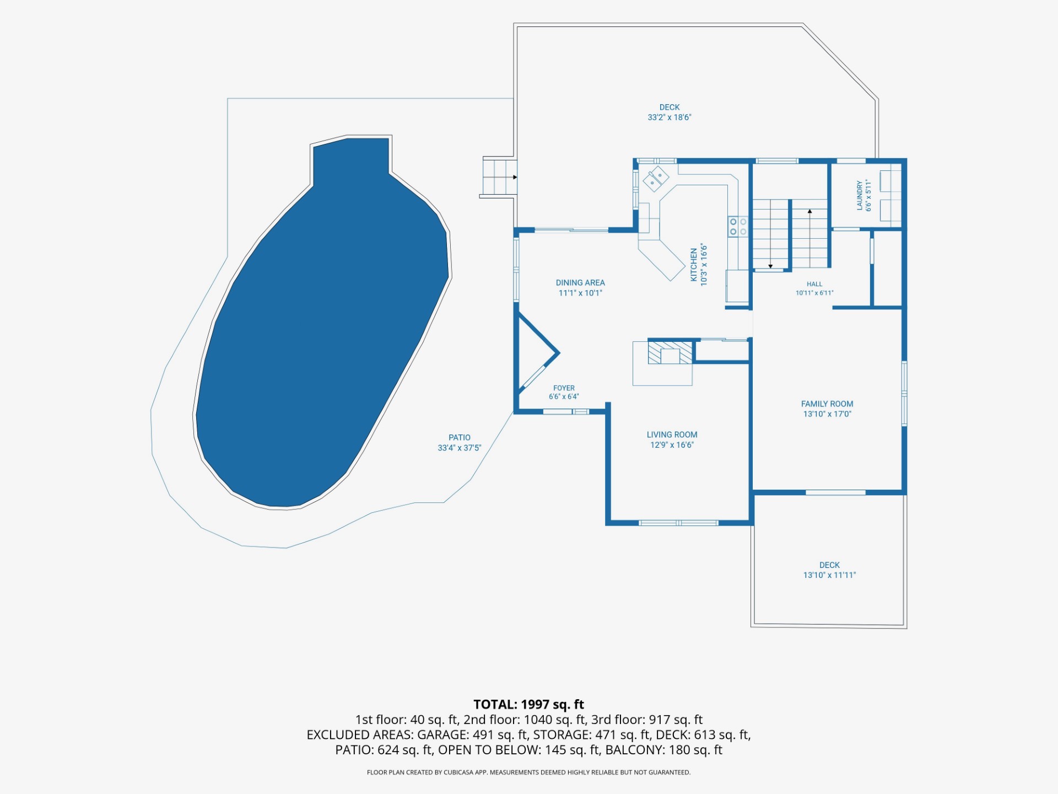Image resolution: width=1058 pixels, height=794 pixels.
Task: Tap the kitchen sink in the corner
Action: [656, 178]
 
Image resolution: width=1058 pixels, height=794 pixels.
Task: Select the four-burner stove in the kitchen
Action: [738, 226]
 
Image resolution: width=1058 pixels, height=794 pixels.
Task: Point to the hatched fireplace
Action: [670, 352]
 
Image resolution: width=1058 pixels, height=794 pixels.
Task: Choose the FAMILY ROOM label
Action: [827, 404]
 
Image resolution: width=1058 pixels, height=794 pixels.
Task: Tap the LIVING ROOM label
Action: [672, 435]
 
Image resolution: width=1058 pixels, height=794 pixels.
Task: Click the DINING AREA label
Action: [580, 283]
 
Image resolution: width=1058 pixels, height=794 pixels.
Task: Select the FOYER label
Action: [564, 388]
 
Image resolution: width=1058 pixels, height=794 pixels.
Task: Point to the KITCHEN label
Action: [694, 265]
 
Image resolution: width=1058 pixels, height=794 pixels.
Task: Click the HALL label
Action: [814, 285]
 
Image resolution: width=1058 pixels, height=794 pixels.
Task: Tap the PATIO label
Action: [460, 438]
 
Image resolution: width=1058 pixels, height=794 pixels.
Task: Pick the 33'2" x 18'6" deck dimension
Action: [670, 117]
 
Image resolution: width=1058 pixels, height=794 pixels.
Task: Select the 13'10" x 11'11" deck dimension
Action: [829, 575]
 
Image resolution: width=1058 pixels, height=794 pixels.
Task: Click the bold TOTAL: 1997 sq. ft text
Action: [529, 704]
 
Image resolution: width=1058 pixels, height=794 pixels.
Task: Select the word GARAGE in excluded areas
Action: [443, 735]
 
